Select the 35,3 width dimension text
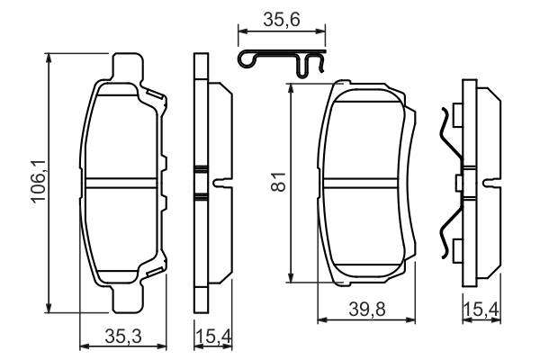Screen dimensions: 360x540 point(124,337)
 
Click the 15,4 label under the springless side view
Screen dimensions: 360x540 point(211,337)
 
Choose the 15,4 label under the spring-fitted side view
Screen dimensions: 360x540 point(480,310)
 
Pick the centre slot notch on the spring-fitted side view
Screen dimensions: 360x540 point(490,184)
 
